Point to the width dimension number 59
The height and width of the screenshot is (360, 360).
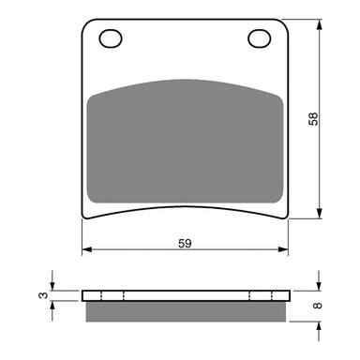point(186,244)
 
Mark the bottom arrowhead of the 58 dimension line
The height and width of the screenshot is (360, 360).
point(320,216)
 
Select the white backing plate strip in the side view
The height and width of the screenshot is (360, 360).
point(185,296)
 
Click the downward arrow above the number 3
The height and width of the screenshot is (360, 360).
point(53,284)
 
